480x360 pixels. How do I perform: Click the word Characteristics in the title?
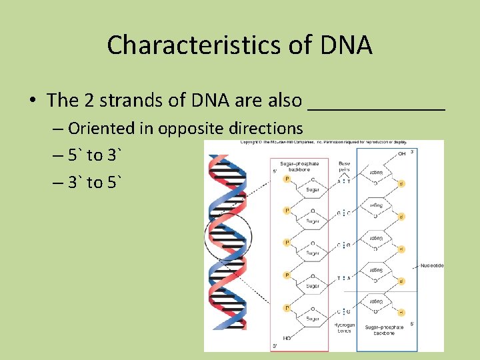point(173,45)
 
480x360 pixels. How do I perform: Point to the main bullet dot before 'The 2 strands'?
point(32,101)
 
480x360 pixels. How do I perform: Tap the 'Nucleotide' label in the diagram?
point(431,265)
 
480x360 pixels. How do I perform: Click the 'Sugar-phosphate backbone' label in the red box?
point(299,166)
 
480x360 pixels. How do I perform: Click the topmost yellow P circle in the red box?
point(287,179)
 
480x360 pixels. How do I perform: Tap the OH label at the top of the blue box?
point(401,154)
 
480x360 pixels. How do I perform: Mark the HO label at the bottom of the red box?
point(287,338)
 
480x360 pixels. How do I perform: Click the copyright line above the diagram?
point(323,142)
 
